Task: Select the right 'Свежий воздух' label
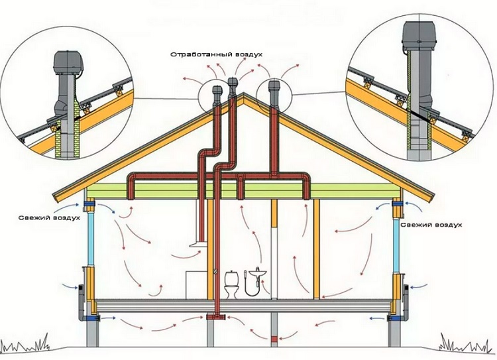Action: [435, 225]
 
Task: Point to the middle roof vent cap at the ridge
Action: [232, 83]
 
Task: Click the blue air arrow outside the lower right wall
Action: [420, 287]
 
